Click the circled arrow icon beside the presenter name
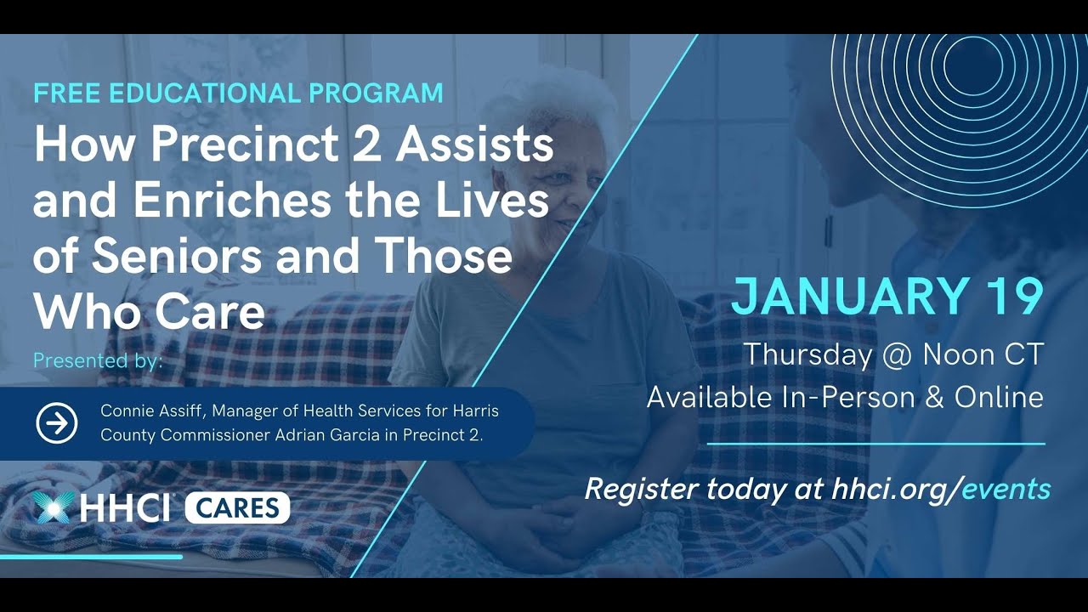pyautogui.click(x=57, y=423)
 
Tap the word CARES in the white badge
pyautogui.click(x=237, y=508)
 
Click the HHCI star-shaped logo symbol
pyautogui.click(x=53, y=507)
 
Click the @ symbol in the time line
pyautogui.click(x=897, y=354)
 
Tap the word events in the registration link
pyautogui.click(x=1006, y=489)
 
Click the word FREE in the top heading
pyautogui.click(x=68, y=93)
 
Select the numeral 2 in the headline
pyautogui.click(x=367, y=145)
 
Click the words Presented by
pyautogui.click(x=97, y=360)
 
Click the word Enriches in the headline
pyautogui.click(x=218, y=201)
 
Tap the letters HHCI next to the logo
pyautogui.click(x=125, y=508)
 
